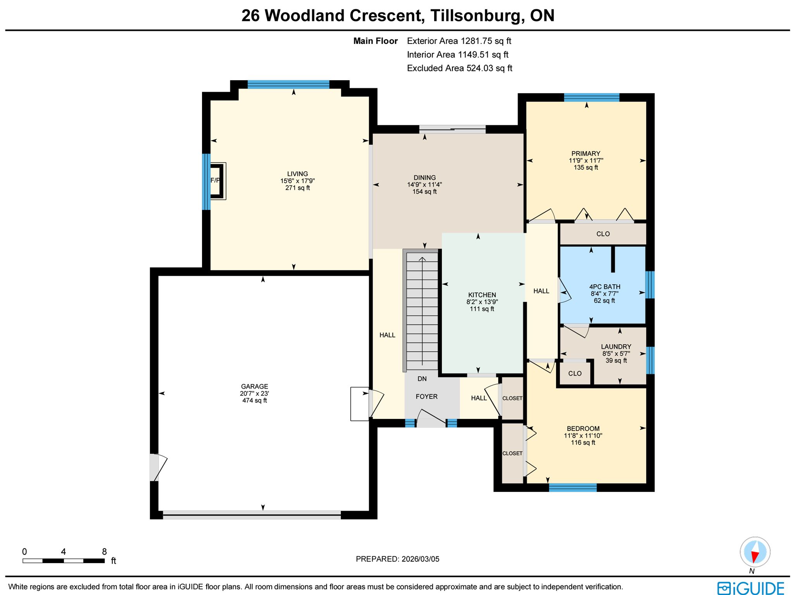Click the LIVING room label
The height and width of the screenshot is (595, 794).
[x=297, y=174]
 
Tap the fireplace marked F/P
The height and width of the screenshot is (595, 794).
[x=217, y=181]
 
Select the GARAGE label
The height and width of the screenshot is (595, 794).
[x=254, y=386]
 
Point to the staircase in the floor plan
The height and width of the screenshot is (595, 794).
[x=421, y=310]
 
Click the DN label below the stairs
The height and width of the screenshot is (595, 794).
[x=422, y=379]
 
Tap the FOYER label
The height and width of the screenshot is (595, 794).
[x=426, y=396]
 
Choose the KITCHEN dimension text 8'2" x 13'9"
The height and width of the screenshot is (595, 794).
[x=482, y=302]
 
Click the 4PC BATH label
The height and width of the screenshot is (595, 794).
[x=605, y=287]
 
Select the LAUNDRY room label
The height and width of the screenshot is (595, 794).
[x=616, y=346]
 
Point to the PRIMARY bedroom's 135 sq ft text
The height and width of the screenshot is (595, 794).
[x=586, y=168]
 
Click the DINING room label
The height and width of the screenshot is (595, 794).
[x=425, y=178]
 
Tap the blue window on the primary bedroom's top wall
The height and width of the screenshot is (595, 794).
[x=592, y=97]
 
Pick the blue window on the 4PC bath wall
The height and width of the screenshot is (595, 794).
[x=650, y=285]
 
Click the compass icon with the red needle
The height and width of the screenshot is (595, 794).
[x=755, y=552]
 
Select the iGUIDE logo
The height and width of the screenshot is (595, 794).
[x=751, y=588]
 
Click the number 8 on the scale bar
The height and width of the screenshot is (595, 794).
[x=104, y=552]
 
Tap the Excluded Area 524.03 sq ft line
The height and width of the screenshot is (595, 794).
[x=459, y=68]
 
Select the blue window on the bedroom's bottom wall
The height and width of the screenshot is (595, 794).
[x=573, y=488]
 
